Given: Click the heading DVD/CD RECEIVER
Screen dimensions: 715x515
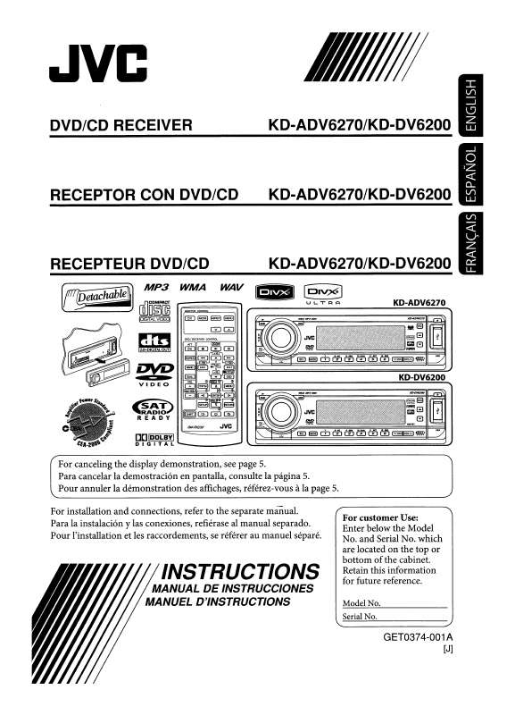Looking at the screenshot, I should click(x=120, y=126).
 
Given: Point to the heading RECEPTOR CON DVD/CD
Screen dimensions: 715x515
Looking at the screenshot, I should click(x=144, y=194).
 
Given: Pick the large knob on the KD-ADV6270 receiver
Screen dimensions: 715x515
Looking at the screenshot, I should click(x=278, y=337).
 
